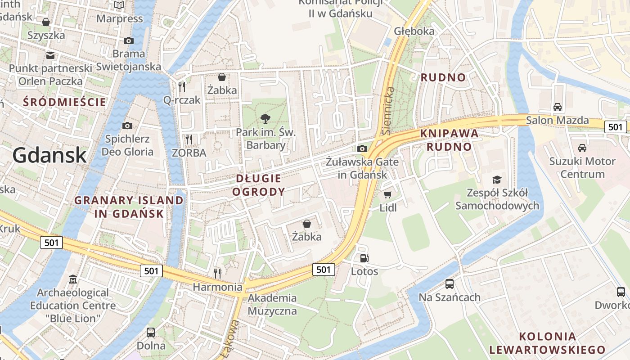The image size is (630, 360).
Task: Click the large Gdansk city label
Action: point(49,155)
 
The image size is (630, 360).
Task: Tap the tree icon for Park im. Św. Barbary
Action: point(265,119)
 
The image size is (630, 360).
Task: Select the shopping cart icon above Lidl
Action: point(387,195)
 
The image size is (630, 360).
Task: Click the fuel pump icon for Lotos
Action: point(364,258)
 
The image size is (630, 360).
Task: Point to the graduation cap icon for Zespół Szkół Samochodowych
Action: point(497,180)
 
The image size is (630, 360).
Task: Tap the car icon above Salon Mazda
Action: point(558,107)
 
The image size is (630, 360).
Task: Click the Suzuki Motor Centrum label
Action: point(582,167)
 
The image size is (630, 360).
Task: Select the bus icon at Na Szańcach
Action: point(449,284)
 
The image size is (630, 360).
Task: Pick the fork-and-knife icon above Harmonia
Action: point(217,273)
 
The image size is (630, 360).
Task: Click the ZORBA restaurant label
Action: point(189,153)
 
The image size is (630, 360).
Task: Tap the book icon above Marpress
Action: point(119,5)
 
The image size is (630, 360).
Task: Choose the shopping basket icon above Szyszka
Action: point(46,22)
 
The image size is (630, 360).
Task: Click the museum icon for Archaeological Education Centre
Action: point(73,279)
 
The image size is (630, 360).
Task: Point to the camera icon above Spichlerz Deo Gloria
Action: point(127,126)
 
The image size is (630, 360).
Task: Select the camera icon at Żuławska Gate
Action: point(362,149)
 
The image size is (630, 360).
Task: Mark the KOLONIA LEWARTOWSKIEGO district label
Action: point(547,343)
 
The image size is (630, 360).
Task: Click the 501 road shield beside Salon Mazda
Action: point(615,127)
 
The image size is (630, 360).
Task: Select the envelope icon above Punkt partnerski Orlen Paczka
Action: point(50,55)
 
